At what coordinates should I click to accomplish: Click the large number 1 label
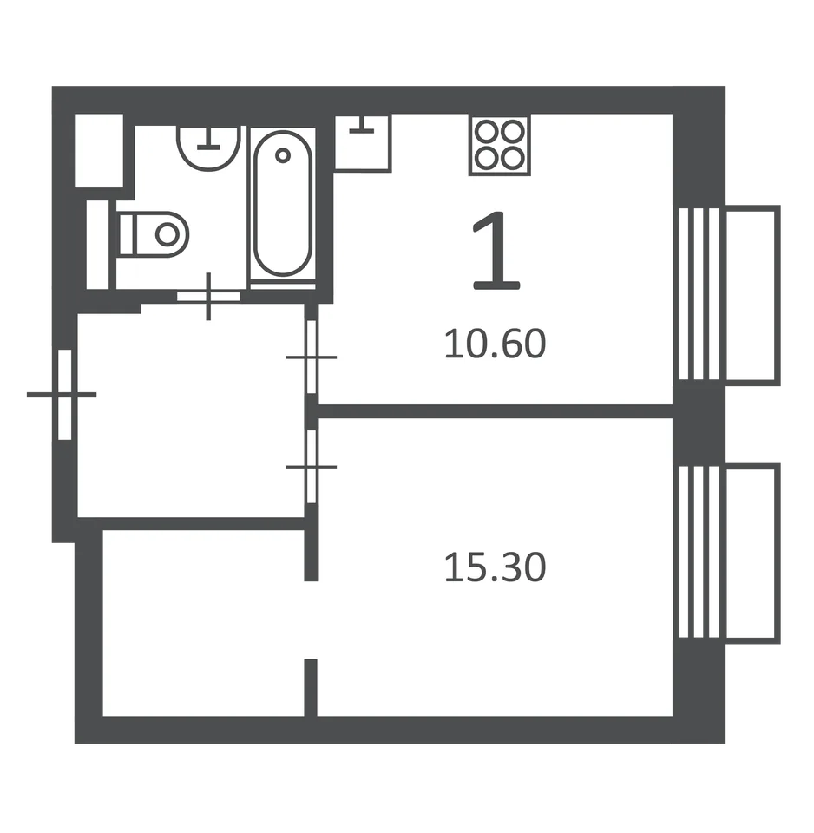(x=496, y=250)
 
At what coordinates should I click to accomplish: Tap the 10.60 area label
(x=496, y=344)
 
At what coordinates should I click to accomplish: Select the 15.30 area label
(x=496, y=567)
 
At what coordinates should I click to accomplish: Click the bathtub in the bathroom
(x=283, y=204)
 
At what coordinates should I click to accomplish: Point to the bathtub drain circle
(x=283, y=155)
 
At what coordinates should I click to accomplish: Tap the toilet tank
(x=128, y=234)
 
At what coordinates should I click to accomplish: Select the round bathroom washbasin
(x=208, y=148)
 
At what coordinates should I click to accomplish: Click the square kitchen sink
(x=363, y=143)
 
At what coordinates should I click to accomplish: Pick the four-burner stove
(x=500, y=145)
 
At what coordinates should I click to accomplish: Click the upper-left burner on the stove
(x=486, y=132)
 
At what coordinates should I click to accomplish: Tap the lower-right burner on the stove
(x=513, y=158)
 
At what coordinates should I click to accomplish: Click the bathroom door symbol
(x=208, y=297)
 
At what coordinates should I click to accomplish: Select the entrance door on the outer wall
(x=64, y=395)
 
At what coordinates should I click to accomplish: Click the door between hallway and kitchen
(x=312, y=357)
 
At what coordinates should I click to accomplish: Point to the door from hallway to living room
(x=312, y=467)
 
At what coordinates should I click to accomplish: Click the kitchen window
(x=699, y=294)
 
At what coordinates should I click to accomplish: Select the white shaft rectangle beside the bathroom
(x=99, y=150)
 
